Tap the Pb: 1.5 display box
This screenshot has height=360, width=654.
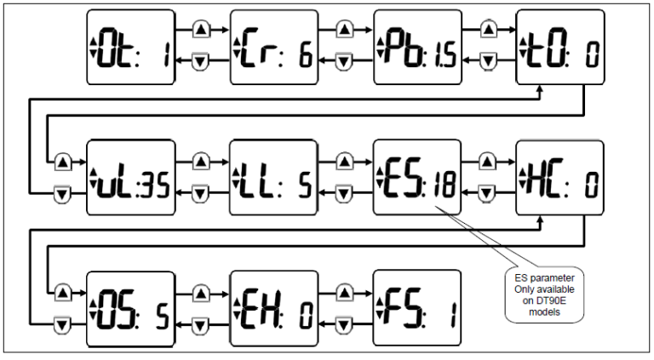tap(417, 47)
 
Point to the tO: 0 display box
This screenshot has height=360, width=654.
tap(560, 47)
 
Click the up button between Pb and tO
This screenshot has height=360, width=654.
tap(488, 30)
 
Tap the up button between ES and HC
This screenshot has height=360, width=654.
tap(488, 160)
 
